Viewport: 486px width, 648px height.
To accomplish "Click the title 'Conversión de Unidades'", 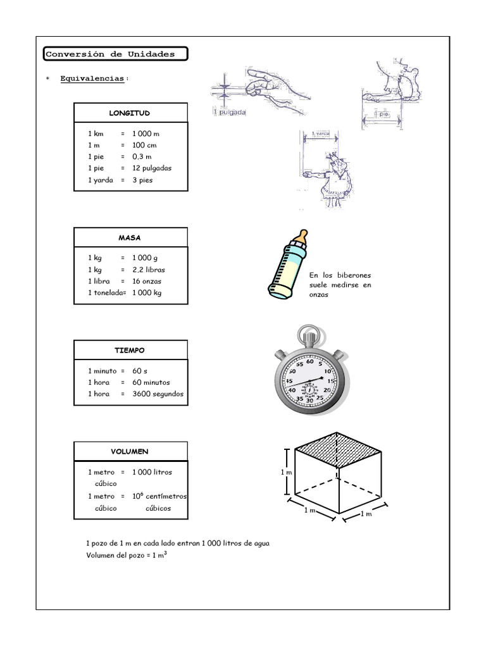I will click(x=109, y=54).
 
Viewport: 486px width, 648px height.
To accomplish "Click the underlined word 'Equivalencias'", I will click(x=93, y=78).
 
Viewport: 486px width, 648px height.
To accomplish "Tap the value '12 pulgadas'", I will click(x=152, y=168).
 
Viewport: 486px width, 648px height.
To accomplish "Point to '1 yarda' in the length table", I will click(x=101, y=180).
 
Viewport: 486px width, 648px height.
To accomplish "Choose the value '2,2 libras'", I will click(x=149, y=270).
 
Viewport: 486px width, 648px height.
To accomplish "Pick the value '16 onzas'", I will click(x=147, y=281).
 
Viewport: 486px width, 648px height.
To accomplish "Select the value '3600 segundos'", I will click(x=158, y=394).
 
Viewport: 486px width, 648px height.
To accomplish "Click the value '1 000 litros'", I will click(x=152, y=472).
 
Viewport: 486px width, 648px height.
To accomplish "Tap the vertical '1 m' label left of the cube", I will click(x=286, y=472).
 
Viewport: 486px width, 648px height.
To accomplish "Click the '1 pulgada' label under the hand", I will click(x=230, y=113).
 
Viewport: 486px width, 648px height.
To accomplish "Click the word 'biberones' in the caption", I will click(x=354, y=275).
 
